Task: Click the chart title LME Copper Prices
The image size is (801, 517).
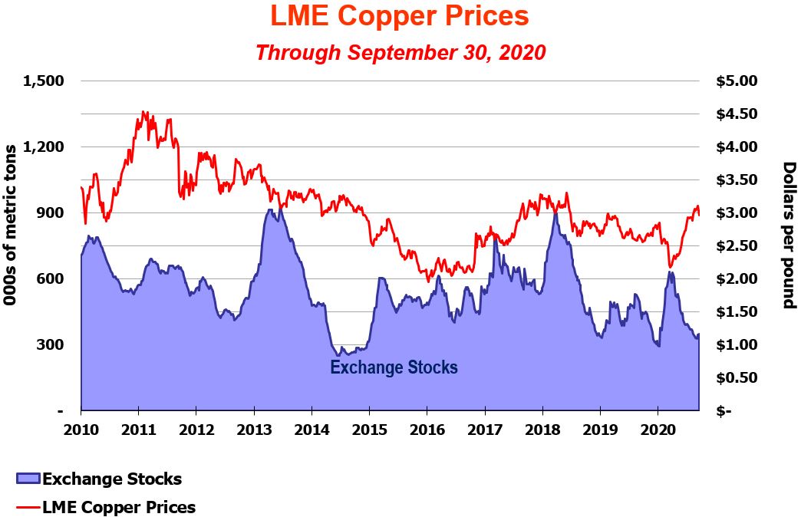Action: (400, 15)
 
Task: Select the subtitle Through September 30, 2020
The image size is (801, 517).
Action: (400, 52)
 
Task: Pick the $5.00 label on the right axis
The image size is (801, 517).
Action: (736, 81)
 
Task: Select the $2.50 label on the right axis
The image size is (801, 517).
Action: (736, 245)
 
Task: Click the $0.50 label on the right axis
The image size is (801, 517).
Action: (736, 377)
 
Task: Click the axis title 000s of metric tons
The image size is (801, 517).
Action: (12, 235)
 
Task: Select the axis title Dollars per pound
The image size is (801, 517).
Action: (788, 235)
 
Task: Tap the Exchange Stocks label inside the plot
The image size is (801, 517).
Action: (394, 367)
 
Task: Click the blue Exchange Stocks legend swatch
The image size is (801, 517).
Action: (27, 479)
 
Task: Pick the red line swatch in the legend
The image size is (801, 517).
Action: (27, 507)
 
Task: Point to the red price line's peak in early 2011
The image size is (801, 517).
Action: (144, 112)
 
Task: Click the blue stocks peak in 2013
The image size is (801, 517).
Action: (270, 209)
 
